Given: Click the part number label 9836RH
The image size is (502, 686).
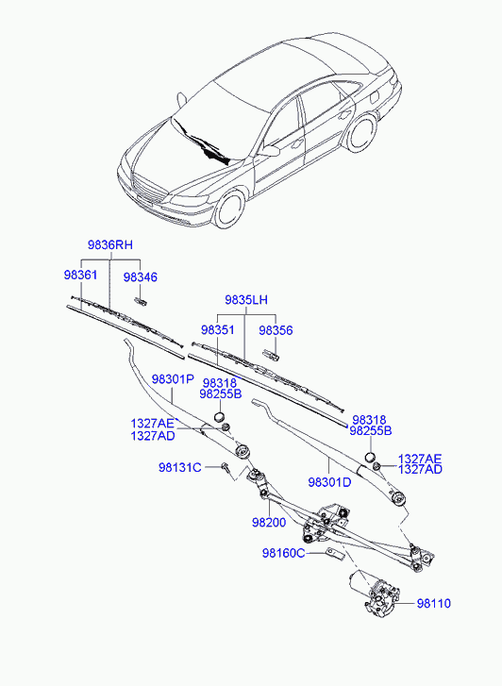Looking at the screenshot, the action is click(x=109, y=244).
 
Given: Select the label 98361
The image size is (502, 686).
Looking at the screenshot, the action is click(x=80, y=275).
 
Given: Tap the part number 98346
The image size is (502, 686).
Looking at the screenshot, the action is click(x=140, y=276).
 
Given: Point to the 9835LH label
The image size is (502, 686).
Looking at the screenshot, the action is click(x=246, y=300).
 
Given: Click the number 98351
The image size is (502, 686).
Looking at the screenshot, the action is click(x=218, y=330).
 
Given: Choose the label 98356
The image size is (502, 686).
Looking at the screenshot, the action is click(x=276, y=330).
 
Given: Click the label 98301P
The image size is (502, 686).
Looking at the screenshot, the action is click(x=173, y=379).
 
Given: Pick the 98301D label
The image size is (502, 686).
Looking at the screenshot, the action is click(x=329, y=482).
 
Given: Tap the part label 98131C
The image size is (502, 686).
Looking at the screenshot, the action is click(x=180, y=468).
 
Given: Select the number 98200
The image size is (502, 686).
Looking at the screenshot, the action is click(x=269, y=522).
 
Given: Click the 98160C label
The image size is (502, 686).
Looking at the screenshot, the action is click(x=284, y=553).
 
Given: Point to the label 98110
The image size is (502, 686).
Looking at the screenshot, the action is click(x=433, y=603).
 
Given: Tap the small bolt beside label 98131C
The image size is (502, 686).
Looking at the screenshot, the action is click(x=226, y=468).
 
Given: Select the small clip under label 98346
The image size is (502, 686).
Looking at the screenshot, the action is click(x=141, y=300).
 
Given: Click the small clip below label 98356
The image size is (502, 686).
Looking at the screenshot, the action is click(x=271, y=355).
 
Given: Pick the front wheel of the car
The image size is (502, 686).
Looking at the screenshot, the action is click(x=229, y=209).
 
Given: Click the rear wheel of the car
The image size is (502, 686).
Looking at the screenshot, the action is click(x=361, y=132).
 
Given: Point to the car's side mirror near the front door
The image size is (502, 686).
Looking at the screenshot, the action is click(x=270, y=151).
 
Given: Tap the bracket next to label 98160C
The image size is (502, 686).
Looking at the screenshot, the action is click(x=336, y=554).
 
